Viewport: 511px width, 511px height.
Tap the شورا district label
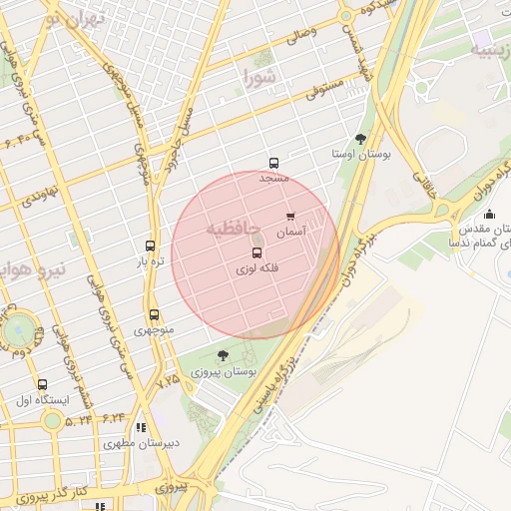tap(258, 76)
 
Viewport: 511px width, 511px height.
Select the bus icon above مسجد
tap(273, 164)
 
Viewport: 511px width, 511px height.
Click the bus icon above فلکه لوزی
tap(257, 254)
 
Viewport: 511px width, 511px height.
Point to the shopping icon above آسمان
tap(290, 216)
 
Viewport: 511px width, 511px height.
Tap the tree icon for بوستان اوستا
tap(360, 139)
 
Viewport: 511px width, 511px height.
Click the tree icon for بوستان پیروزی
tap(223, 354)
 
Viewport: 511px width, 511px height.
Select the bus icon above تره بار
tap(151, 246)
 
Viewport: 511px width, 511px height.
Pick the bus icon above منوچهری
tap(153, 314)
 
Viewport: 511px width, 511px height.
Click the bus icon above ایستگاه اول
tap(42, 384)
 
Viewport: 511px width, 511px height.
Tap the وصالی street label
tap(300, 38)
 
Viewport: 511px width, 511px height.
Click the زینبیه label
tap(492, 51)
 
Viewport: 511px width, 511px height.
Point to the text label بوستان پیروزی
tap(229, 371)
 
